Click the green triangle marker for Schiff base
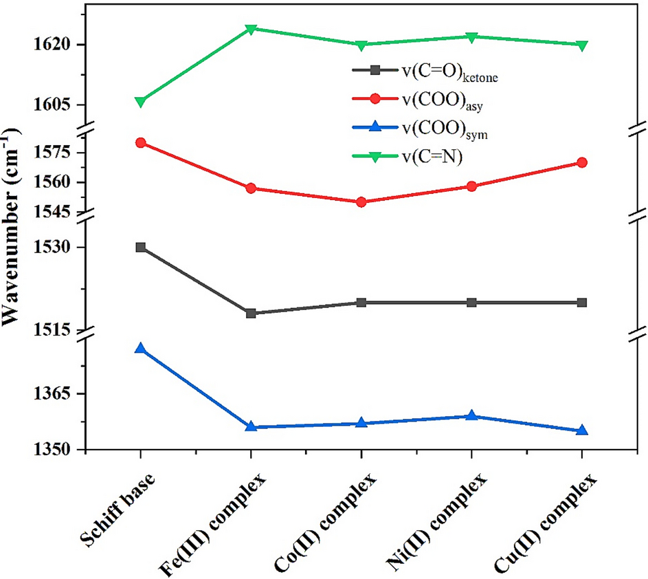pyautogui.click(x=140, y=102)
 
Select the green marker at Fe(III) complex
pyautogui.click(x=251, y=29)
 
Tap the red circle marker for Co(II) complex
pyautogui.click(x=361, y=202)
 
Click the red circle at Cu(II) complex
pyautogui.click(x=582, y=162)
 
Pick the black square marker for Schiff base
pyautogui.click(x=140, y=248)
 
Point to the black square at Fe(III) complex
pyautogui.click(x=251, y=314)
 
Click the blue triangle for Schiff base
pyautogui.click(x=140, y=349)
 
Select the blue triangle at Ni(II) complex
pyautogui.click(x=471, y=416)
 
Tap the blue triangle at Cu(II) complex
pyautogui.click(x=582, y=430)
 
